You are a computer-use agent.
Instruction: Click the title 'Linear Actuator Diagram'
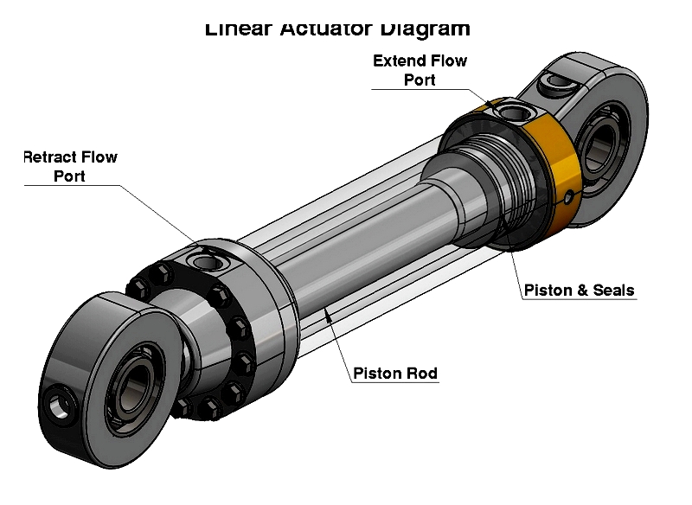[x=337, y=29]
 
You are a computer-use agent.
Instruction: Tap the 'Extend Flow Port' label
[x=420, y=70]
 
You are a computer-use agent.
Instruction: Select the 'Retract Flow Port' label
[x=69, y=166]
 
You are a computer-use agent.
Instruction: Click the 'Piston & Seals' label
[x=579, y=291]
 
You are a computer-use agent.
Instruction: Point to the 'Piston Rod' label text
[x=395, y=374]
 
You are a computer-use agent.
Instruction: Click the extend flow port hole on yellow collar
[x=509, y=112]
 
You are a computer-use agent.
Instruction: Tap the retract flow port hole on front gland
[x=208, y=260]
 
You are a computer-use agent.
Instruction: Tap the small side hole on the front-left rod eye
[x=59, y=402]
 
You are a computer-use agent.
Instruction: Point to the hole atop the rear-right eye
[x=554, y=84]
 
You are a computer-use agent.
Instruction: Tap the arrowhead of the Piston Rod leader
[x=326, y=312]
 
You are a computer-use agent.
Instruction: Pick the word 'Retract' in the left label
[x=50, y=157]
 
